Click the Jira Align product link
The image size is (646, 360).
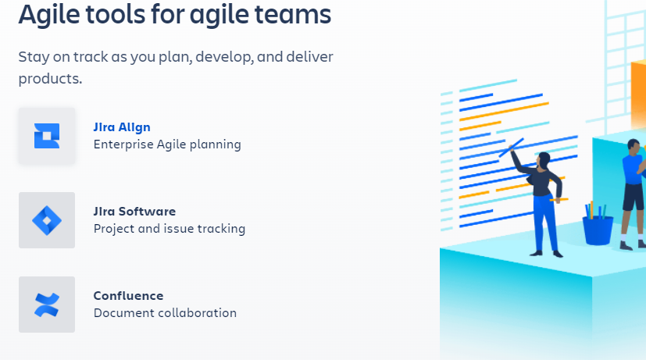coord(122,127)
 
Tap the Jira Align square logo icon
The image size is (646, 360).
coord(47,136)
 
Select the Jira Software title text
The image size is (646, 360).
coord(134,212)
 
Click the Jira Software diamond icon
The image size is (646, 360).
coord(47,220)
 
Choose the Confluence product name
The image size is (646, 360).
coord(128,296)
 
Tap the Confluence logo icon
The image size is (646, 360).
coord(47,305)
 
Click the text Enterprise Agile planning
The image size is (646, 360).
coord(167,144)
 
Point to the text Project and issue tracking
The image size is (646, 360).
coord(170,229)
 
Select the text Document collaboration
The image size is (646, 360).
coord(165,313)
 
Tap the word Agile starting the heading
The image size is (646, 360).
coord(49,15)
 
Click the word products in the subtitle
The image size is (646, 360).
coord(50,79)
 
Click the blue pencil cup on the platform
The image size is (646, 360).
coord(598,230)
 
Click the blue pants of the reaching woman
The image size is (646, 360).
coord(546,223)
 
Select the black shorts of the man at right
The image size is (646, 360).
coord(634,197)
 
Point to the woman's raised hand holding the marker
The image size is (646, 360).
coord(512,148)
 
